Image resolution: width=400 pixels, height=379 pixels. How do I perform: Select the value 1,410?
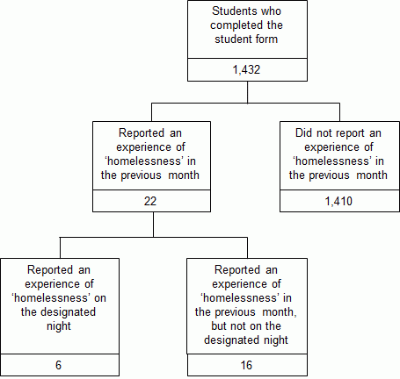339,200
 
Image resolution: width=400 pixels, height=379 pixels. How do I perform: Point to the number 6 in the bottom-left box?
60,363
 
